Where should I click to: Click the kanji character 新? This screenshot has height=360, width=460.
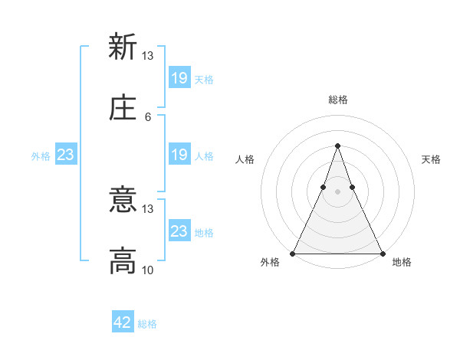pyautogui.click(x=123, y=47)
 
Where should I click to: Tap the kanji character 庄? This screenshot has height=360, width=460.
pyautogui.click(x=123, y=108)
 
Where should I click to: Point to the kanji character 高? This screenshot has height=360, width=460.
pyautogui.click(x=123, y=261)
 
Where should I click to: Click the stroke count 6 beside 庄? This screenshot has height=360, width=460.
pyautogui.click(x=148, y=116)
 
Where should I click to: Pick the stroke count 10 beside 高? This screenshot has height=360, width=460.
pyautogui.click(x=148, y=270)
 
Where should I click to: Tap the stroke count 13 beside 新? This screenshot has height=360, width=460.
pyautogui.click(x=148, y=55)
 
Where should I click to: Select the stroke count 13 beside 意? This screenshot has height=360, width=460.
pyautogui.click(x=148, y=208)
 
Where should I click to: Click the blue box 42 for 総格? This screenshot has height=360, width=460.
pyautogui.click(x=123, y=322)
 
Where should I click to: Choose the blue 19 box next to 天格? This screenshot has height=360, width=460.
pyautogui.click(x=179, y=78)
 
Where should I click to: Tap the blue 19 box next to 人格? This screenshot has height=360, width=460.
pyautogui.click(x=179, y=155)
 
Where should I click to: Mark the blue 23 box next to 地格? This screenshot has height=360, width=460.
pyautogui.click(x=179, y=231)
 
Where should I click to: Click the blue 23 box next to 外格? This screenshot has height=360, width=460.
pyautogui.click(x=66, y=155)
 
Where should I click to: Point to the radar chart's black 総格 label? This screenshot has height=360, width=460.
pyautogui.click(x=337, y=100)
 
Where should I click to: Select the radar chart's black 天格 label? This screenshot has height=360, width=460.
pyautogui.click(x=431, y=159)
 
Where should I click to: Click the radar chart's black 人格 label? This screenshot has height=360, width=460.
pyautogui.click(x=245, y=159)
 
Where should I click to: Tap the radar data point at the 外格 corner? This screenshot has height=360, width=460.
pyautogui.click(x=293, y=253)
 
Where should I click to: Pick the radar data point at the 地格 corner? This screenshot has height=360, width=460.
pyautogui.click(x=382, y=253)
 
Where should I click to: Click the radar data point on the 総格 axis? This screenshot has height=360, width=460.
pyautogui.click(x=337, y=146)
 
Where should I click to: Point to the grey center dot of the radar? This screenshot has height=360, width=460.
pyautogui.click(x=337, y=191)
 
